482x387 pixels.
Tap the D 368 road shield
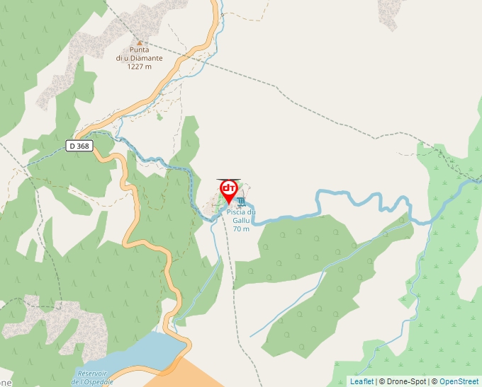coord(80,145)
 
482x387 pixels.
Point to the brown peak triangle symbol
coord(140,42)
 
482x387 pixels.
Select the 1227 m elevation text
coord(140,67)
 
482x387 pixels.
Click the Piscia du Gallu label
coord(241,216)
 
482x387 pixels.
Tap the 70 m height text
coord(241,229)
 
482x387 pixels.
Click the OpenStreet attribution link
coord(459,381)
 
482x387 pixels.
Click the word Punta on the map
coord(140,50)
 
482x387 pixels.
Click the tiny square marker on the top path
coord(222,14)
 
